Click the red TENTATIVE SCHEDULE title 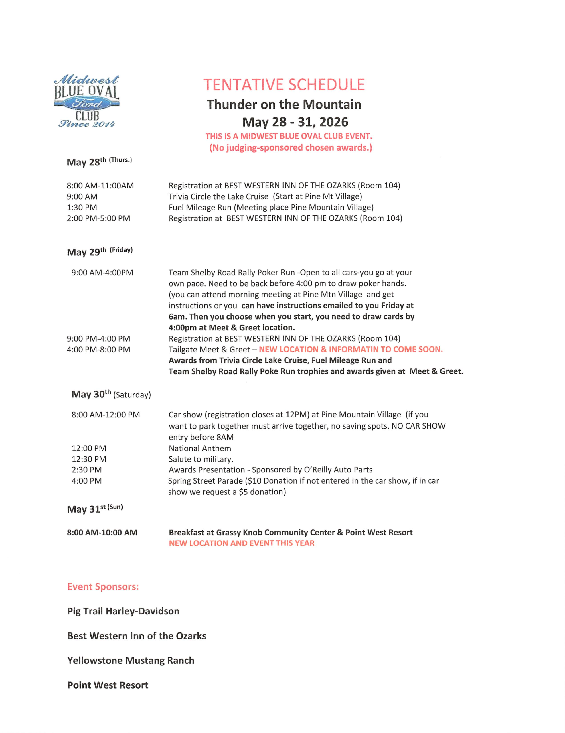click(284, 84)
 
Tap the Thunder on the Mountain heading click(284, 105)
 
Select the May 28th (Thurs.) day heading click(99, 162)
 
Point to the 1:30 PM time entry click(82, 207)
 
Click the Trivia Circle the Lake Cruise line click(265, 196)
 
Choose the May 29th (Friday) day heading click(100, 251)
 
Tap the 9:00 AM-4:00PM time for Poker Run click(102, 273)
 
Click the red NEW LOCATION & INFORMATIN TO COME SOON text click(351, 349)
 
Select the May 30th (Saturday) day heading click(111, 394)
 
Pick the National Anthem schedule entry click(199, 448)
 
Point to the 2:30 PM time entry click(86, 470)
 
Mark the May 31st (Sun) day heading click(95, 509)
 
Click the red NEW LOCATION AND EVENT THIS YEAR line click(241, 543)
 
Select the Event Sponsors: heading click(103, 587)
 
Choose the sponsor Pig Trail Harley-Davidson click(123, 611)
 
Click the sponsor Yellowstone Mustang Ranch click(131, 661)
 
